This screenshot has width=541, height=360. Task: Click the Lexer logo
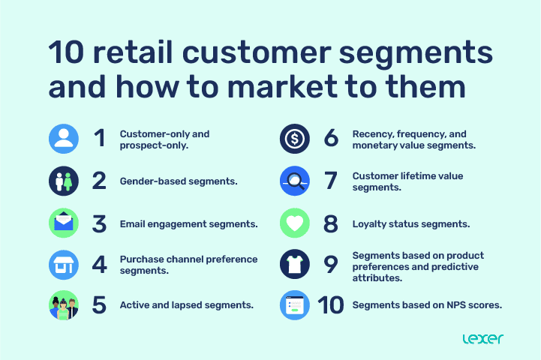(483, 338)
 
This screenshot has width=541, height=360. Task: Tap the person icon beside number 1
(64, 139)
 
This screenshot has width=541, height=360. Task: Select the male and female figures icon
(64, 181)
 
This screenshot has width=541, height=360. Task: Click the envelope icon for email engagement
(64, 223)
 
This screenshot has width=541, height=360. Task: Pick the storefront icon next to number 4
(64, 265)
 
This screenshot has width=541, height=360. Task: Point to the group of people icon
(64, 306)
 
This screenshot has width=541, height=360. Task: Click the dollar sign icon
(295, 139)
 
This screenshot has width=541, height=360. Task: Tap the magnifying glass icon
(295, 181)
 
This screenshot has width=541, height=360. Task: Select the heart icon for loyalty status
(295, 223)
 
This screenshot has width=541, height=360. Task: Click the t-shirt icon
(295, 265)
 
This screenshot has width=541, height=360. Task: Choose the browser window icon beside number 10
(295, 305)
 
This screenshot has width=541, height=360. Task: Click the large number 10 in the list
(329, 306)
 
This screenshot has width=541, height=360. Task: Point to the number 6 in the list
(331, 139)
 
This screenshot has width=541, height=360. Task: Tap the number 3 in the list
(99, 223)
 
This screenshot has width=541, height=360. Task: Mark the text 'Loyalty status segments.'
(411, 223)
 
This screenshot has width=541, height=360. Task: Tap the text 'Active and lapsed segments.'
(186, 306)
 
